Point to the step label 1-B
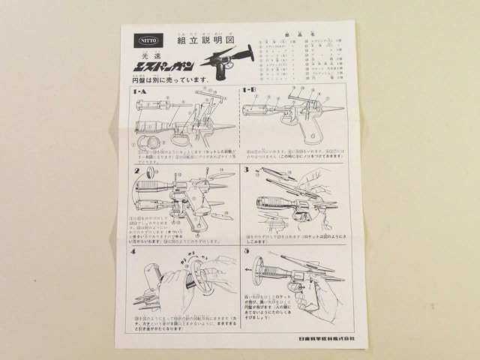[x=250, y=92]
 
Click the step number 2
[x=136, y=170]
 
